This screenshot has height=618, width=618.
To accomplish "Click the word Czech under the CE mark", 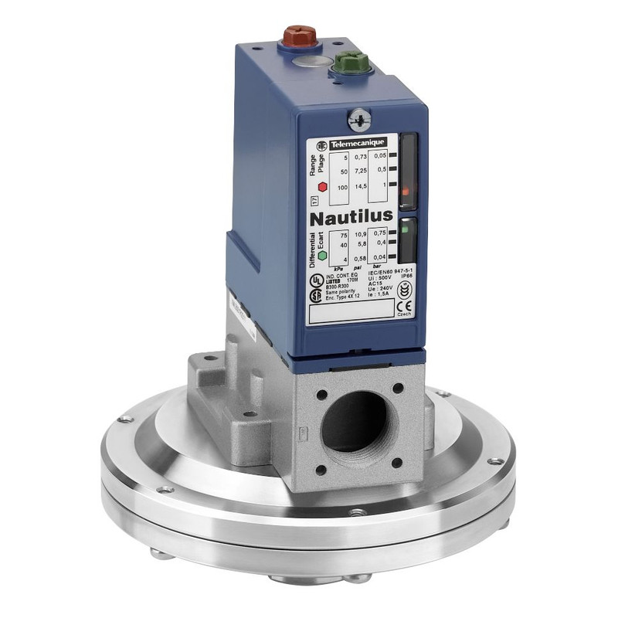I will [x=402, y=316].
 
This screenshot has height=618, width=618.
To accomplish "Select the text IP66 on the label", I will [x=402, y=273].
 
